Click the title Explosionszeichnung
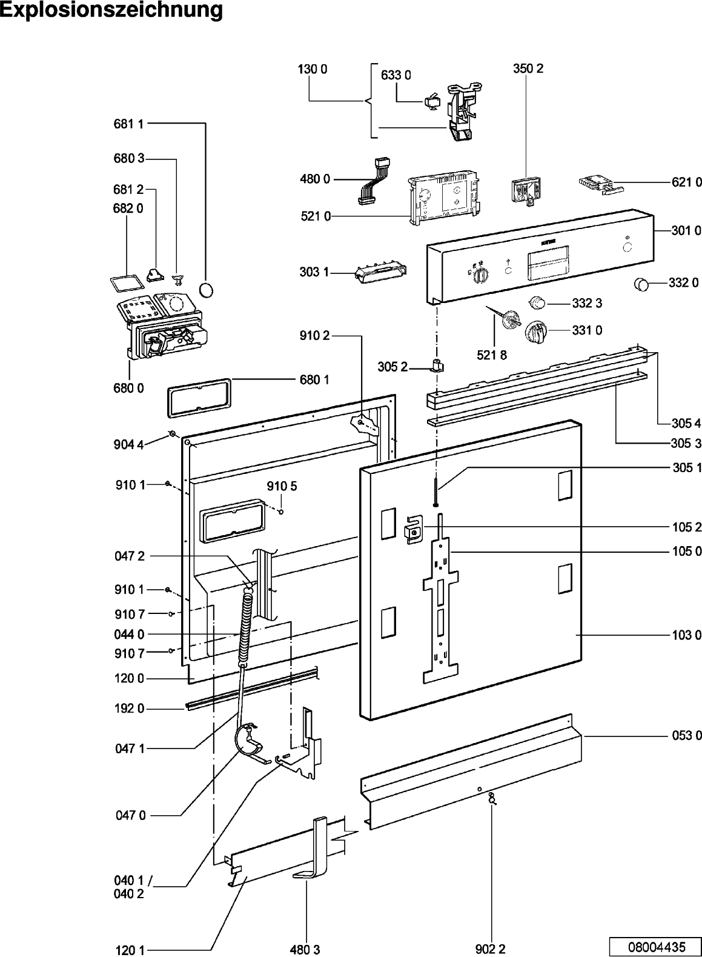[x=111, y=11]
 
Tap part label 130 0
[x=312, y=69]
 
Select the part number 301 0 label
[x=686, y=230]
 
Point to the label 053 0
[x=686, y=736]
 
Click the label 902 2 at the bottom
[x=490, y=950]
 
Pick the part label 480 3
[x=307, y=950]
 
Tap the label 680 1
[x=314, y=380]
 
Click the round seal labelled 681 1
[x=207, y=290]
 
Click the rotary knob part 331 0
[x=537, y=332]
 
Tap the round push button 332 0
[x=641, y=283]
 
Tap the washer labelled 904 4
[x=172, y=434]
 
